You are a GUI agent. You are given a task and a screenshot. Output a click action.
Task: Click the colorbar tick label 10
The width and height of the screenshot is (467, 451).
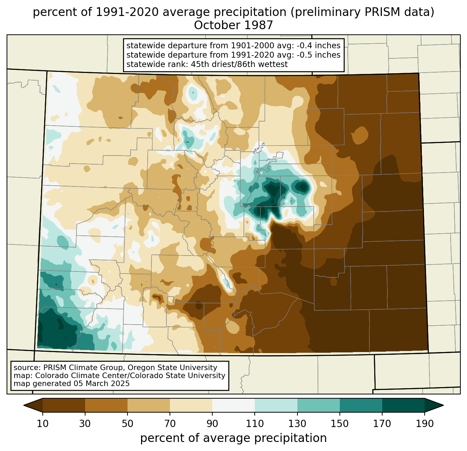click(x=42, y=424)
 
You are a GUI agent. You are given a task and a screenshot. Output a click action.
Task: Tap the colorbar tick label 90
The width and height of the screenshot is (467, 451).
click(x=212, y=424)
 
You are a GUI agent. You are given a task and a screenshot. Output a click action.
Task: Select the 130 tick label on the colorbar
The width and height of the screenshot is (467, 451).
click(x=297, y=424)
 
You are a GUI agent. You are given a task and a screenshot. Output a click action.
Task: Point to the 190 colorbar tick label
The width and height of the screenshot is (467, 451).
click(x=425, y=424)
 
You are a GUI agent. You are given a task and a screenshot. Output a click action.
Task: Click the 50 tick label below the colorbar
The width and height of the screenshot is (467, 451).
click(x=128, y=424)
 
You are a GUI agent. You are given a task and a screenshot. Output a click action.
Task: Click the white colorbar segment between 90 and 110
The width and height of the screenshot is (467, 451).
click(x=233, y=405)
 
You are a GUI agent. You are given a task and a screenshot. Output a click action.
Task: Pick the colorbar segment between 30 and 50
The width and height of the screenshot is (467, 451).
click(x=106, y=405)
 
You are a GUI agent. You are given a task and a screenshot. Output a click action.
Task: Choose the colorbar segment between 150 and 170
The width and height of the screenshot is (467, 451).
click(x=361, y=405)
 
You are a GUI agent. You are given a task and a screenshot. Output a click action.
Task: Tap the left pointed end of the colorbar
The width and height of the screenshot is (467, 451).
click(x=24, y=405)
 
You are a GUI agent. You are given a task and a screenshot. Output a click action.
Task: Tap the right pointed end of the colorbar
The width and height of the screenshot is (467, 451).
click(x=443, y=405)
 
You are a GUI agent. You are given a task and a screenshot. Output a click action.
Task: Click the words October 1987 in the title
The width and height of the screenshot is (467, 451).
click(x=233, y=25)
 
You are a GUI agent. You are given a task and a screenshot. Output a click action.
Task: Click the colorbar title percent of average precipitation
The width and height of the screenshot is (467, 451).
click(x=233, y=438)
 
